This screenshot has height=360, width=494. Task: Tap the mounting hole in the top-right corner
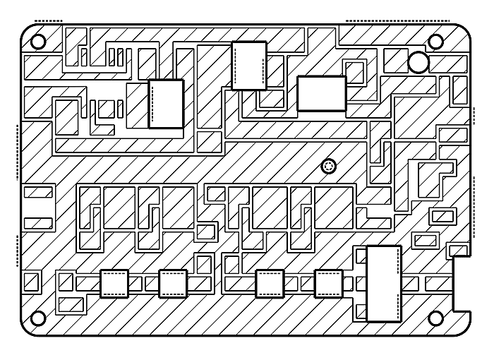pyautogui.click(x=435, y=41)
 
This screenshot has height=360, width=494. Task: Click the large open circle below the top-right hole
pyautogui.click(x=418, y=62)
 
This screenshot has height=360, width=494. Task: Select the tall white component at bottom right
pyautogui.click(x=384, y=283)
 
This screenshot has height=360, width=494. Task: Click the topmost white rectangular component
pyautogui.click(x=249, y=66)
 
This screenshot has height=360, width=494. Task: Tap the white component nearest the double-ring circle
pyautogui.click(x=322, y=94)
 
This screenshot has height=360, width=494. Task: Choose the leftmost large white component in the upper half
pyautogui.click(x=166, y=104)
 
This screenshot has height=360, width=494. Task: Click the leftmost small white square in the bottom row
pyautogui.click(x=114, y=283)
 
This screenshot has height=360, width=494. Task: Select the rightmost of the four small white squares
pyautogui.click(x=328, y=283)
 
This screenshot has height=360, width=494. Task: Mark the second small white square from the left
pyautogui.click(x=173, y=283)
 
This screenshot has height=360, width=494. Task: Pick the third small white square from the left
pyautogui.click(x=269, y=283)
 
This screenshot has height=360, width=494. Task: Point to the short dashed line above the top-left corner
pyautogui.click(x=48, y=20)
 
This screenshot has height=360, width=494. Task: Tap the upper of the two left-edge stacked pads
pyautogui.click(x=38, y=191)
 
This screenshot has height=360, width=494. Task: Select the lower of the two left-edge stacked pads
pyautogui.click(x=38, y=223)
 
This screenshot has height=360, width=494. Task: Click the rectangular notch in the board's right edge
pyautogui.click(x=462, y=282)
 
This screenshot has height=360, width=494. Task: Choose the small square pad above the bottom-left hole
pyautogui.click(x=32, y=282)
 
